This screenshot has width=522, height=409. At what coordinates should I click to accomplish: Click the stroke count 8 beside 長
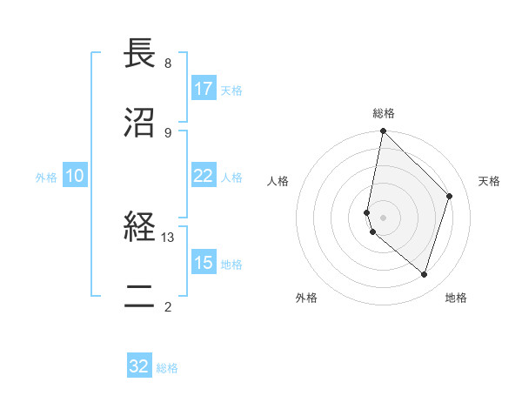167,64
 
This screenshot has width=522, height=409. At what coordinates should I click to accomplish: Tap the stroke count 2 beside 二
167,306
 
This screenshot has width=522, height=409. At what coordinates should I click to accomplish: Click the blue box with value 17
204,89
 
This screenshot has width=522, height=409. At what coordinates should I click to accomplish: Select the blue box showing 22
204,176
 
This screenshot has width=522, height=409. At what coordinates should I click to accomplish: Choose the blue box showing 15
204,263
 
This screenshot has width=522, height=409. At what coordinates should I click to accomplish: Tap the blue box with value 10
75,176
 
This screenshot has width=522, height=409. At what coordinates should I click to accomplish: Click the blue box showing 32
139,366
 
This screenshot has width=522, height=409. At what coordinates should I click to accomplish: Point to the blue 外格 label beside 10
46,177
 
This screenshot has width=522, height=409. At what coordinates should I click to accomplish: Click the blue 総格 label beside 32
167,368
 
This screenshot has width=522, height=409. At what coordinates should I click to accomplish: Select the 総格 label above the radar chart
384,113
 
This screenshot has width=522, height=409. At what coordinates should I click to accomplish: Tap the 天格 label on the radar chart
489,181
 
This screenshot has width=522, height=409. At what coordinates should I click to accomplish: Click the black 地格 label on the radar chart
456,298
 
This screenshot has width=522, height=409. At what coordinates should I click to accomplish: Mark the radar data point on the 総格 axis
383,131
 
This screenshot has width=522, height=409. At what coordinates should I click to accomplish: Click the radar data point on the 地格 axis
424,274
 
